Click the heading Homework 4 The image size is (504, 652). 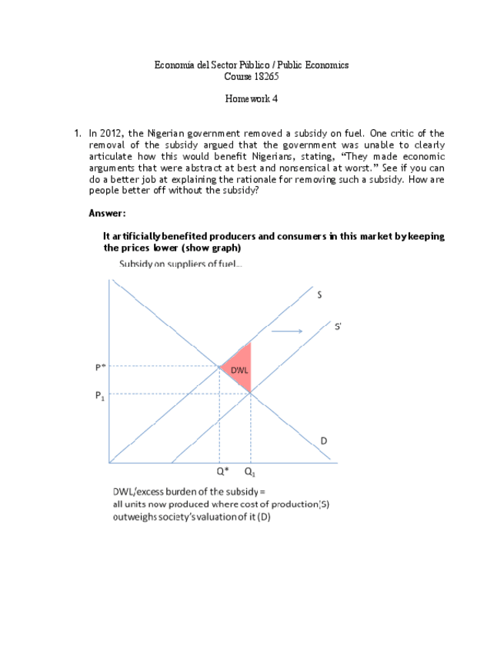tap(251, 99)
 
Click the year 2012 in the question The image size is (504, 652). tap(112, 133)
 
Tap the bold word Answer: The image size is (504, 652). tap(107, 213)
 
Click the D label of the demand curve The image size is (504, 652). tap(324, 441)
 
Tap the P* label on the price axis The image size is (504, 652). tap(100, 367)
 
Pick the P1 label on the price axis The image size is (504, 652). tap(100, 395)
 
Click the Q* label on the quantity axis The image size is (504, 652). tap(222, 471)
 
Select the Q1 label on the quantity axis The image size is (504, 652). tap(250, 471)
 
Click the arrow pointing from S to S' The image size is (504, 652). tap(289, 331)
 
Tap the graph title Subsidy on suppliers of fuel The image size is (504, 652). tap(180, 264)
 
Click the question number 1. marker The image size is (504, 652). tap(78, 133)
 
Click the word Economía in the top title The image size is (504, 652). tap(175, 65)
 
